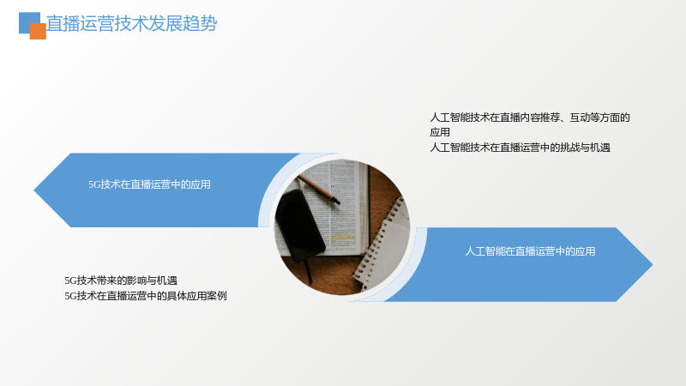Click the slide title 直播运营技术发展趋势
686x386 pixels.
[x=132, y=23]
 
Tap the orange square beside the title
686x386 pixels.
[x=38, y=31]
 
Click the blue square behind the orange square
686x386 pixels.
[x=27, y=20]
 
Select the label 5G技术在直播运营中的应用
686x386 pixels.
[x=149, y=184]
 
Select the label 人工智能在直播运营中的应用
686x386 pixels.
[x=530, y=251]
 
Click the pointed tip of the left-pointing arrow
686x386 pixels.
[x=34, y=190]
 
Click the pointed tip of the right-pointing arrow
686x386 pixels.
[x=652, y=264]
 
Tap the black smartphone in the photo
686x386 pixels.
[x=299, y=226]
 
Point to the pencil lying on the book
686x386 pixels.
[x=318, y=189]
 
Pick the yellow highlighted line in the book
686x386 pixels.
[x=342, y=238]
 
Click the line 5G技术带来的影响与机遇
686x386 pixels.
[x=121, y=280]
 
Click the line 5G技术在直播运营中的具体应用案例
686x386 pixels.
[x=146, y=296]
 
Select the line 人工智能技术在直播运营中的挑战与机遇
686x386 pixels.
[x=521, y=148]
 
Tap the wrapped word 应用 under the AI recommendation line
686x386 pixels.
[x=440, y=132]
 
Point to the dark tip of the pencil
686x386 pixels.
[x=336, y=202]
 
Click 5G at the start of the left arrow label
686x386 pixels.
[x=94, y=184]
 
